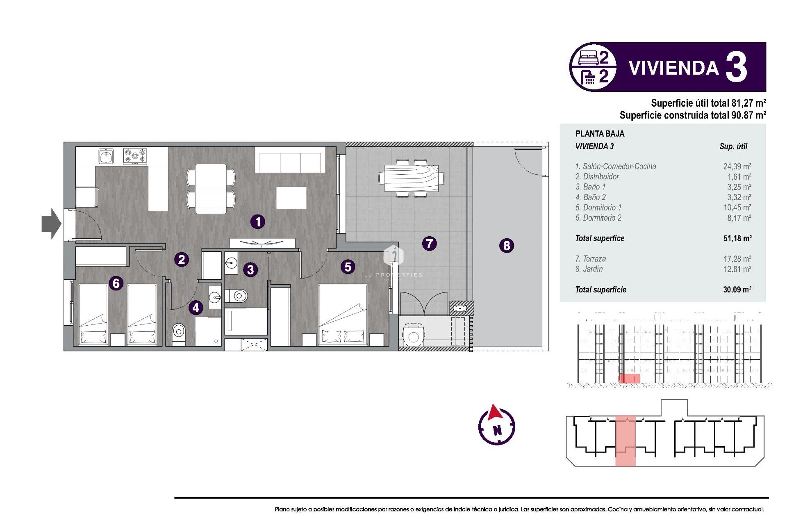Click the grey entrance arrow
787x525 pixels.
[51, 224]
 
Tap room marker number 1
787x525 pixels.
[258, 222]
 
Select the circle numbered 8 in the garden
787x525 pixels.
[507, 246]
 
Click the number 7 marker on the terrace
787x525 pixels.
[429, 244]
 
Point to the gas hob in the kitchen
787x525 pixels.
[135, 156]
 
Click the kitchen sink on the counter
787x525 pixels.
[106, 156]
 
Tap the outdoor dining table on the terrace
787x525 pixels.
[411, 178]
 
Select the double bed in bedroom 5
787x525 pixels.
[343, 314]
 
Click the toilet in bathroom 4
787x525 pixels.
[179, 331]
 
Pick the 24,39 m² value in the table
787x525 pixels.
[737, 167]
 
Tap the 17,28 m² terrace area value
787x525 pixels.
[737, 259]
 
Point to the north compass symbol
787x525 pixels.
[496, 426]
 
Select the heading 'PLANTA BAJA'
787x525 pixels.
[600, 134]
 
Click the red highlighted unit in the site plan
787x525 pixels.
[625, 441]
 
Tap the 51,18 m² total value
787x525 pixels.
[737, 238]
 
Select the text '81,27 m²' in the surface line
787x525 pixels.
[748, 103]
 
